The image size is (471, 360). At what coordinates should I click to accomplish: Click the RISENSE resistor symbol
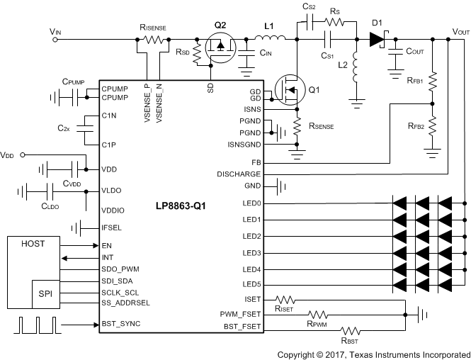(152, 41)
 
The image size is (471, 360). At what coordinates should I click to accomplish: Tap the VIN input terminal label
(55, 32)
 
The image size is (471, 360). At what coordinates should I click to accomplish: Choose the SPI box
(45, 293)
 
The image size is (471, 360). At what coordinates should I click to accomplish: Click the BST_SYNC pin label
(121, 325)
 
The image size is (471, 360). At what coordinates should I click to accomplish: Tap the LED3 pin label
(251, 252)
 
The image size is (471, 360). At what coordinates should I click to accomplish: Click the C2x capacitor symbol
(86, 130)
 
